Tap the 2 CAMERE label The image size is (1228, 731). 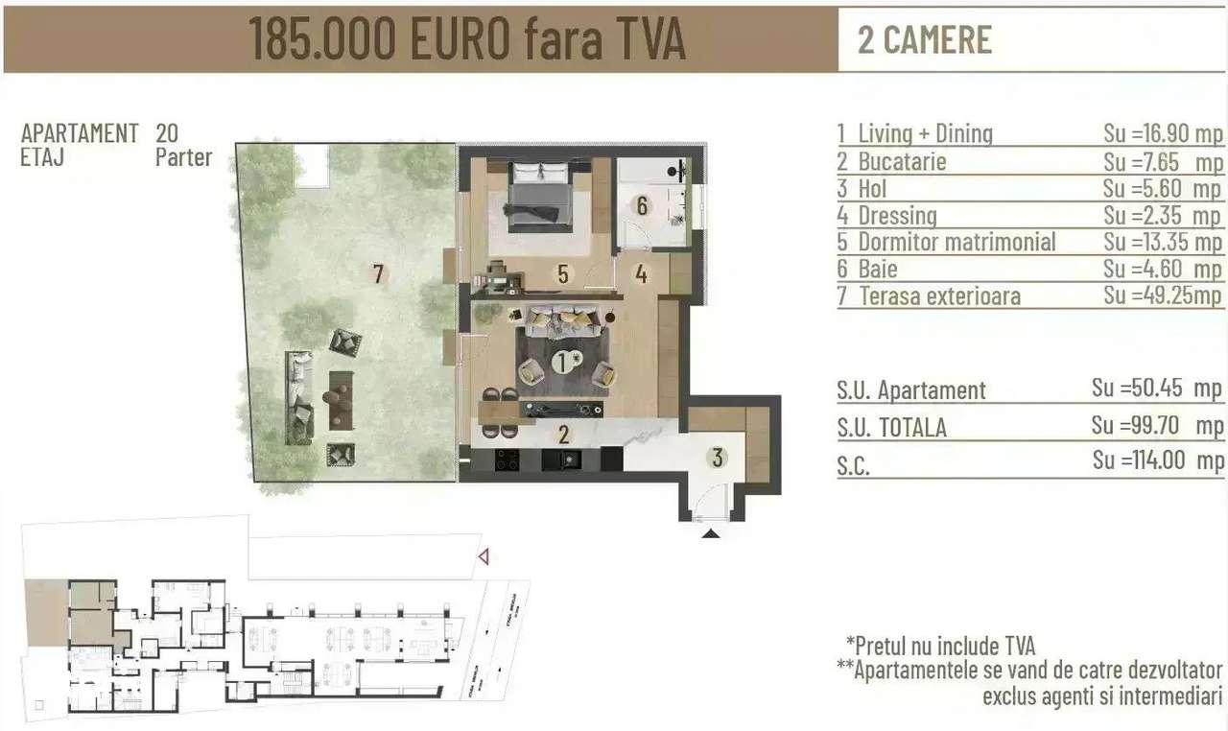click(x=925, y=39)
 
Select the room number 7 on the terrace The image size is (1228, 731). click(x=379, y=275)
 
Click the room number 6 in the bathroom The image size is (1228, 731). click(x=642, y=204)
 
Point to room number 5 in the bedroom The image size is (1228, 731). click(x=563, y=274)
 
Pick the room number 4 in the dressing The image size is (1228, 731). click(x=640, y=274)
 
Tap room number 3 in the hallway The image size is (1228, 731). click(x=718, y=458)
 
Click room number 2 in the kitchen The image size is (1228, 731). click(x=564, y=434)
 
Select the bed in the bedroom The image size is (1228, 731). click(x=539, y=196)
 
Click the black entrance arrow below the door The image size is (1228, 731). click(x=710, y=531)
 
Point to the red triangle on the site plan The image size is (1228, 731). click(x=484, y=555)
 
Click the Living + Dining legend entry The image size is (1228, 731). click(x=925, y=134)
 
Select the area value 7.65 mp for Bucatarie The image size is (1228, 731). click(x=1163, y=161)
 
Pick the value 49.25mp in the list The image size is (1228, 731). click(x=1163, y=295)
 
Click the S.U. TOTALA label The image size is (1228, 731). click(x=891, y=427)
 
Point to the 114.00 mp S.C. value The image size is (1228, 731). click(x=1158, y=460)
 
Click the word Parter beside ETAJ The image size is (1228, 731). click(x=183, y=156)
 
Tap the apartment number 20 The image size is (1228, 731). click(x=167, y=133)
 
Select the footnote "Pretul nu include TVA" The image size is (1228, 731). click(x=940, y=646)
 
